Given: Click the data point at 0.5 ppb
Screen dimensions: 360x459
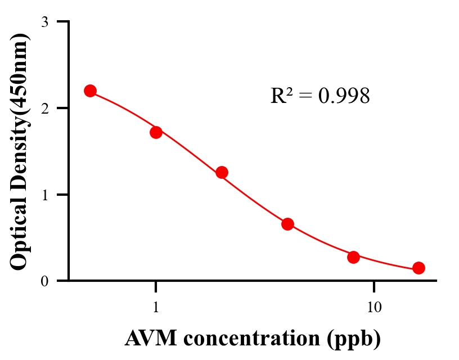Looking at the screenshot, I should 90,91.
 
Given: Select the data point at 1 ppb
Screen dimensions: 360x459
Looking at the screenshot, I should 156,132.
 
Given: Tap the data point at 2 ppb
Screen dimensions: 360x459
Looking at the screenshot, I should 222,172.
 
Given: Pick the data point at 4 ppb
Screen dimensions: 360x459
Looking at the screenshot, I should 287,224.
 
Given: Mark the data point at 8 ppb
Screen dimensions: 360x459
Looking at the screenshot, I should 353,257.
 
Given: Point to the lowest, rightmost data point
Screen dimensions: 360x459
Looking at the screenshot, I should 418,268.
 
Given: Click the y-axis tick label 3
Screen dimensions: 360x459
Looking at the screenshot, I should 44,22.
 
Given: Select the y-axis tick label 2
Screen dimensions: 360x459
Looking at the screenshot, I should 44,108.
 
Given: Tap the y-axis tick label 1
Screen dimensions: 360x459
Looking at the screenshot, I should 44,195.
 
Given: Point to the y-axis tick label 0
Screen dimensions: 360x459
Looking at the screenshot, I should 44,281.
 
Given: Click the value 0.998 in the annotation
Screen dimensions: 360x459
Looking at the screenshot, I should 344,96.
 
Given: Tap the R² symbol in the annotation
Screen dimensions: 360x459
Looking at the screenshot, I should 281,96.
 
